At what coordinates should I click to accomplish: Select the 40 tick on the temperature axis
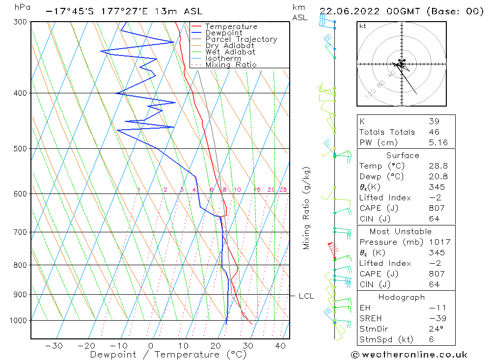(280, 346)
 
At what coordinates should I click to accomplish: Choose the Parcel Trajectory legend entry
(241, 39)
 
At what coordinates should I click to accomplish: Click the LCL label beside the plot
(306, 296)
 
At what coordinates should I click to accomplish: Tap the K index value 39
(434, 121)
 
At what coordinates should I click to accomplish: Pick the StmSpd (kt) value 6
(431, 339)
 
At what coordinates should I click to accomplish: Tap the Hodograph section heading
(406, 297)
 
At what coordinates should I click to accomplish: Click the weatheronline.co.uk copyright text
(409, 354)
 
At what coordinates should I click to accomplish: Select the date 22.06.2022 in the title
(349, 11)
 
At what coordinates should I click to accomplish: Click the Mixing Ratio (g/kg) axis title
(306, 208)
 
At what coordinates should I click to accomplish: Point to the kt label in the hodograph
(362, 26)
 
